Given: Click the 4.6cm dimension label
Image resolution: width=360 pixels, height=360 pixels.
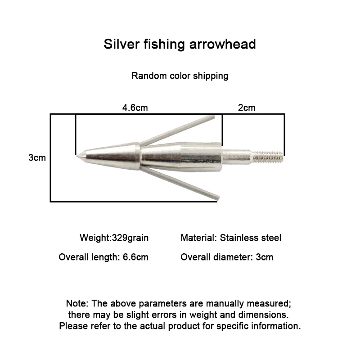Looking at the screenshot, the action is pyautogui.click(x=135, y=108).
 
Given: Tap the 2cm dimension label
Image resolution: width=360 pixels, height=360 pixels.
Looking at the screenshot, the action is pyautogui.click(x=247, y=108).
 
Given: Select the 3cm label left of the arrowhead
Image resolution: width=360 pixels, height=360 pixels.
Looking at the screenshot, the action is pyautogui.click(x=37, y=157).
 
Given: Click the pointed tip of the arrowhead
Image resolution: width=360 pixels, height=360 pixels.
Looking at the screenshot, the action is pyautogui.click(x=77, y=156).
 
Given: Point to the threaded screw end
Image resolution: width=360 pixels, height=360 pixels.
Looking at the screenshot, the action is pyautogui.click(x=268, y=156).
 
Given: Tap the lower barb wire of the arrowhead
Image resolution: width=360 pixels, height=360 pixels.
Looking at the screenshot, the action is pyautogui.click(x=180, y=183).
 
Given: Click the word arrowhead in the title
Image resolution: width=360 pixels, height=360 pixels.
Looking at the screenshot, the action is pyautogui.click(x=222, y=44).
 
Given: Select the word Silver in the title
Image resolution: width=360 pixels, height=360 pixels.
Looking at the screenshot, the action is pyautogui.click(x=121, y=44).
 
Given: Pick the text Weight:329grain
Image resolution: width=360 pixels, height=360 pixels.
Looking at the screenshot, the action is pyautogui.click(x=114, y=238).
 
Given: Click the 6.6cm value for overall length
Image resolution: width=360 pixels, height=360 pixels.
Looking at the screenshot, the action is pyautogui.click(x=136, y=257).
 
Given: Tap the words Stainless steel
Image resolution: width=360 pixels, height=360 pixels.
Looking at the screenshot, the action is pyautogui.click(x=251, y=238).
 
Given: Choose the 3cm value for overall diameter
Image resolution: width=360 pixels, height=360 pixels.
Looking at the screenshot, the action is pyautogui.click(x=265, y=257).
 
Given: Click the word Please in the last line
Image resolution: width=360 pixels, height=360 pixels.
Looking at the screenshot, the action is pyautogui.click(x=73, y=326).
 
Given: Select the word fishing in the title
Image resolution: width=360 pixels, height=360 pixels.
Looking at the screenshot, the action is pyautogui.click(x=164, y=44).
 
